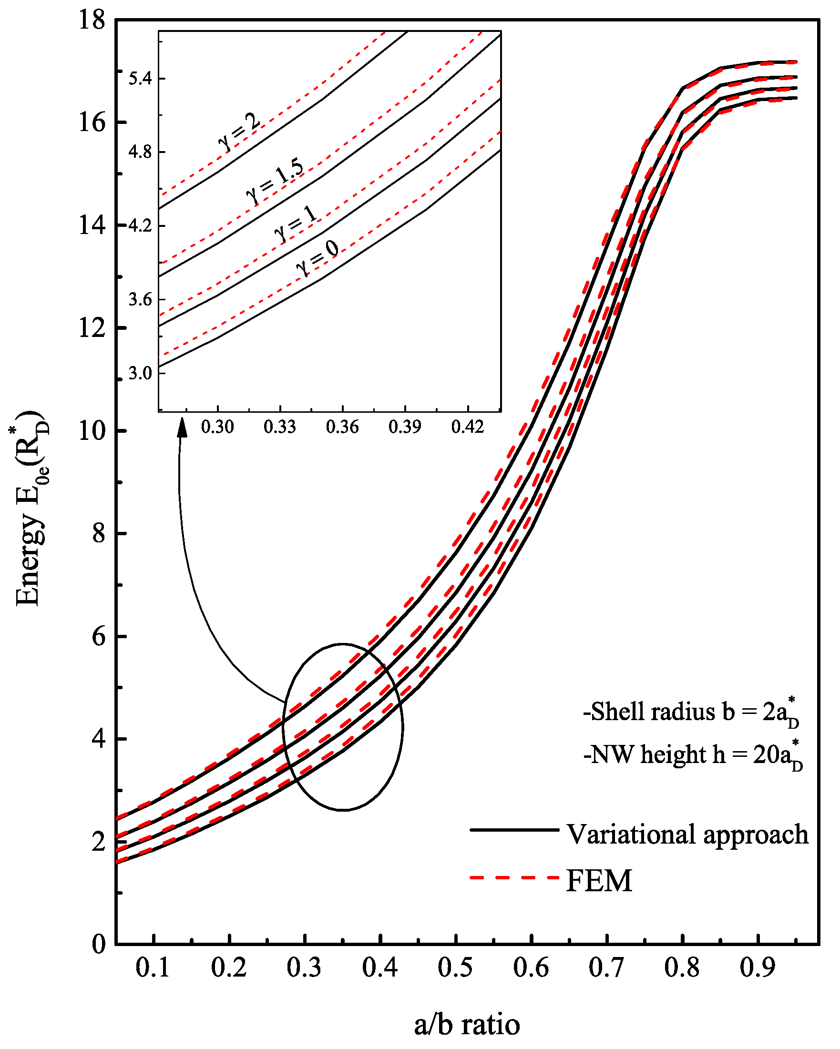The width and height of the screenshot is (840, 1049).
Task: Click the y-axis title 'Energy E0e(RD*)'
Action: [30, 509]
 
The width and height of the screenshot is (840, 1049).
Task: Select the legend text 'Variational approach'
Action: [687, 835]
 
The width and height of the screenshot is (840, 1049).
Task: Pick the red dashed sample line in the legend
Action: [514, 878]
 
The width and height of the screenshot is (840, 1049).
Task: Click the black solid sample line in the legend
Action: [514, 830]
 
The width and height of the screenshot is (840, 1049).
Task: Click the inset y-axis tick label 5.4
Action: [140, 78]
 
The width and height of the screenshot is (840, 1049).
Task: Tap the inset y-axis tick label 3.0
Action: [140, 373]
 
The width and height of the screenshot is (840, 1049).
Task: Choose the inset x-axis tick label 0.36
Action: [342, 427]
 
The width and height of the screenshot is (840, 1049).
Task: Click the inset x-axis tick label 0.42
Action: [467, 427]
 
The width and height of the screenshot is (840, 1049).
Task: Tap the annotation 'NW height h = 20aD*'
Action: [693, 755]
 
